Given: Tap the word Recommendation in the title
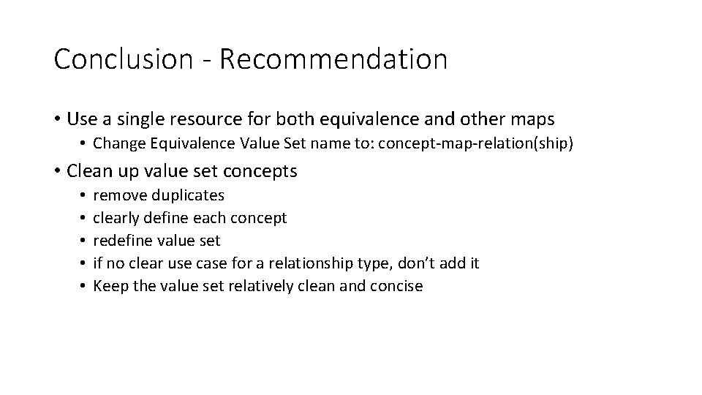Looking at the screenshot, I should (x=333, y=59).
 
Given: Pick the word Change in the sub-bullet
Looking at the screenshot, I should (x=117, y=143).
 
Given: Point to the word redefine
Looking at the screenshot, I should (x=121, y=241).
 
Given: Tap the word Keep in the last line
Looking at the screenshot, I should (x=107, y=286).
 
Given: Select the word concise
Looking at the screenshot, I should (x=397, y=286).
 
